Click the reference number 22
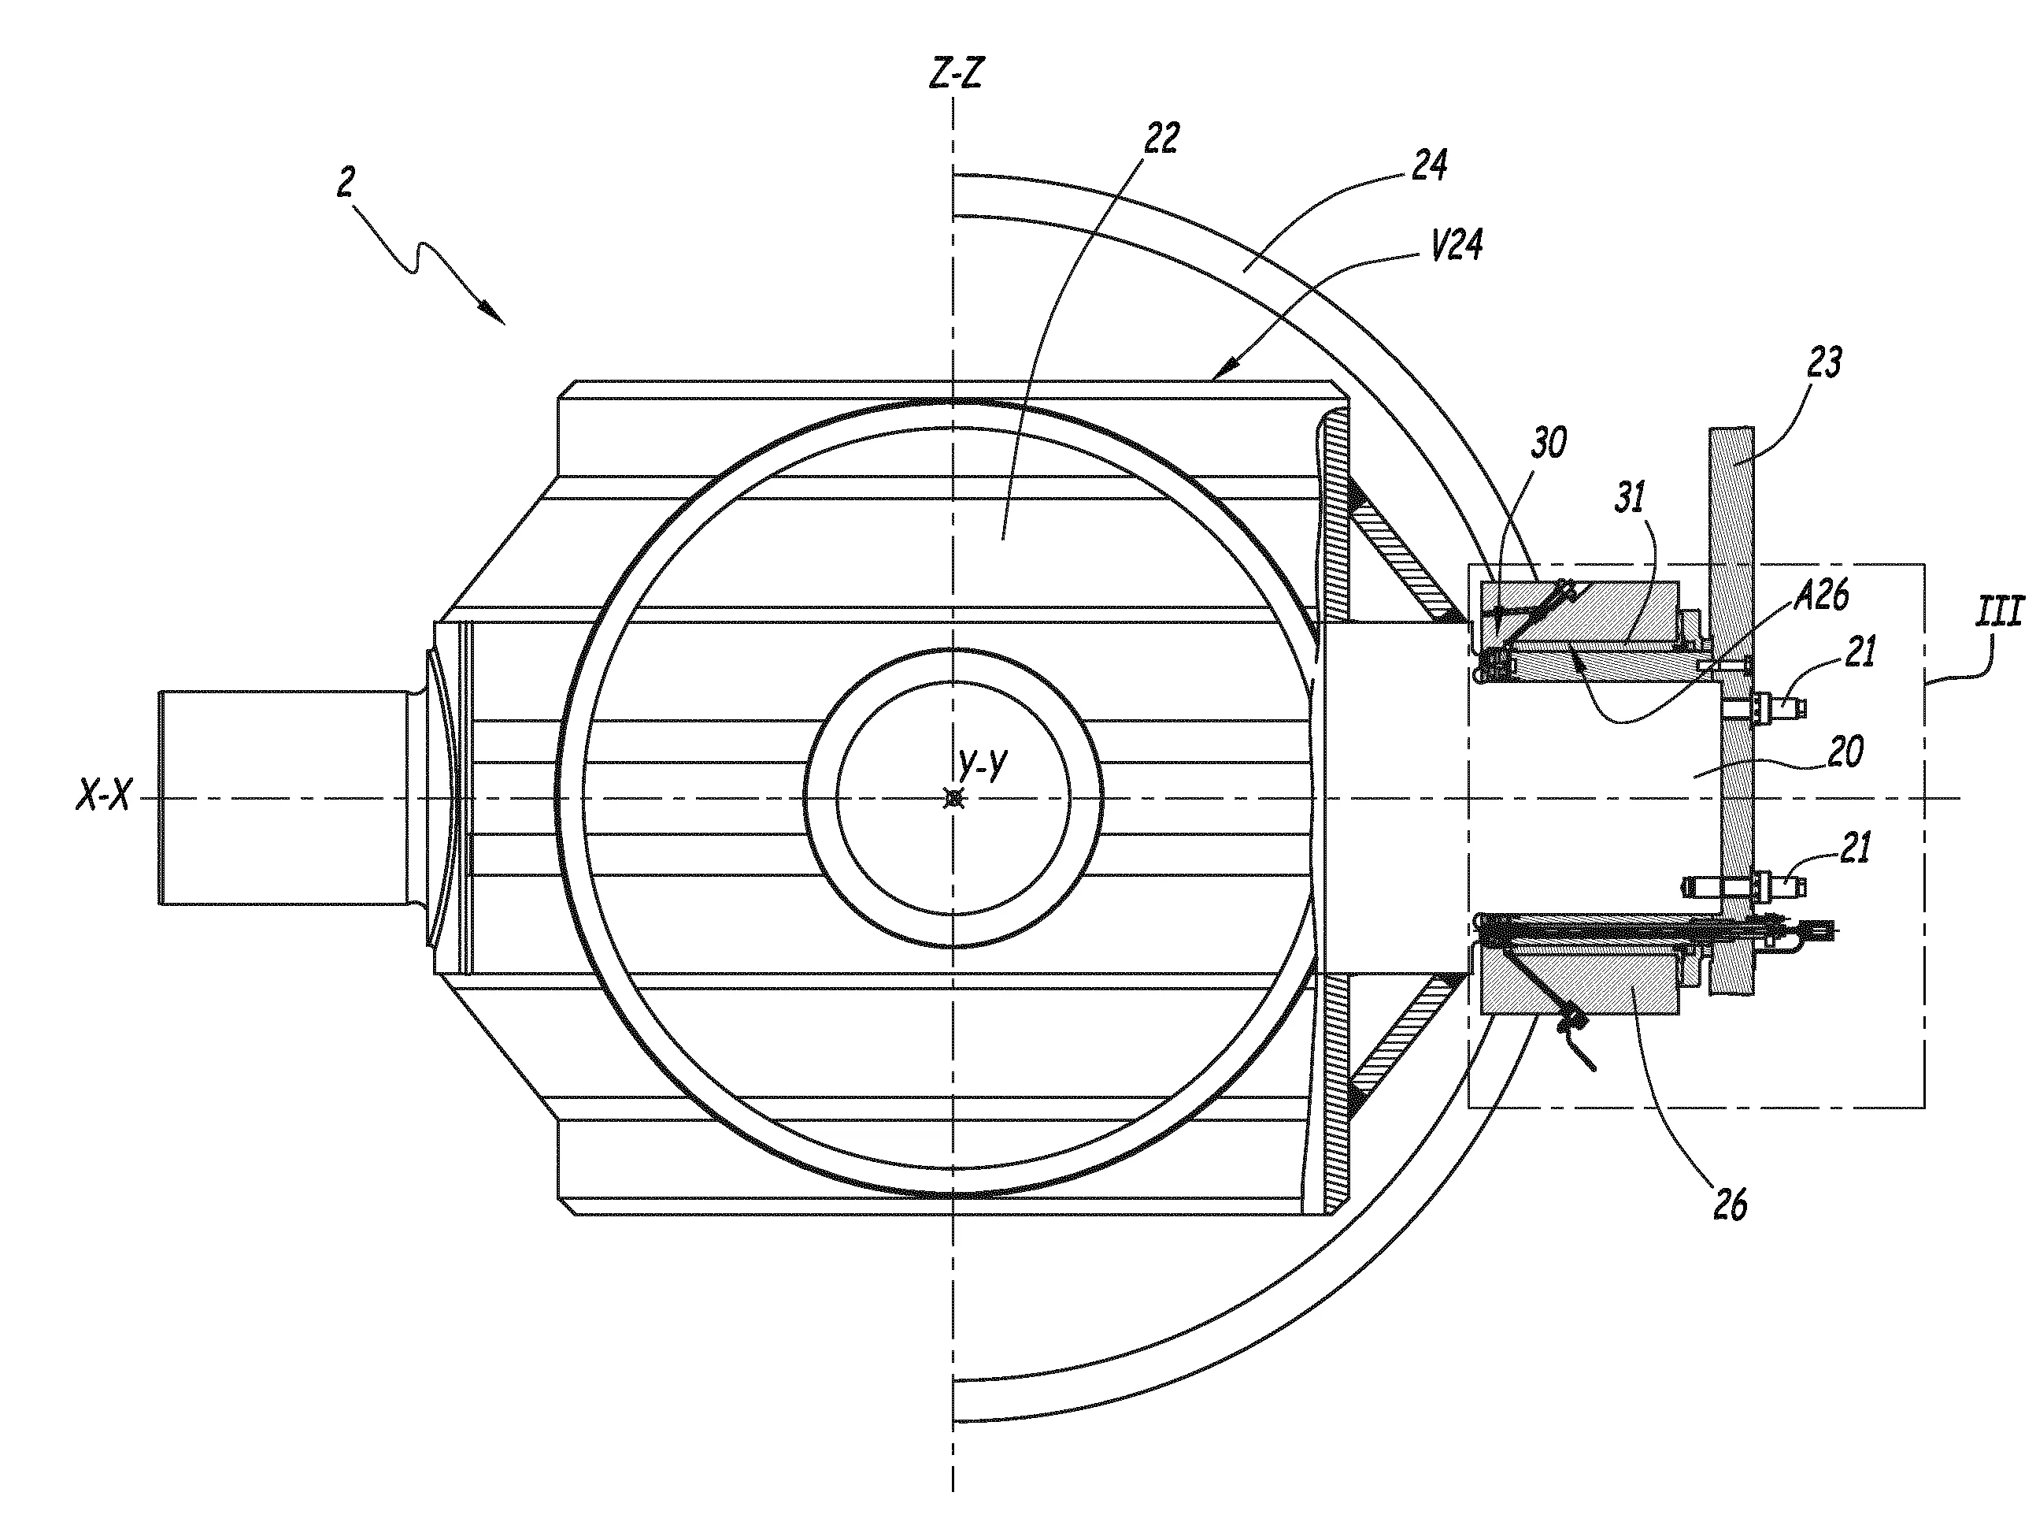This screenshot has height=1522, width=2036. coord(1161,139)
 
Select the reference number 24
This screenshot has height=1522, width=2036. coord(1430,165)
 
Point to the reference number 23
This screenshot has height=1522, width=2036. coord(1824,363)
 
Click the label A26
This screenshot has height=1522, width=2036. coord(1822,596)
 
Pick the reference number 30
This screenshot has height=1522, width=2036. coord(1549,444)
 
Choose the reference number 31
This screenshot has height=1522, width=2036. coord(1630,498)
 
